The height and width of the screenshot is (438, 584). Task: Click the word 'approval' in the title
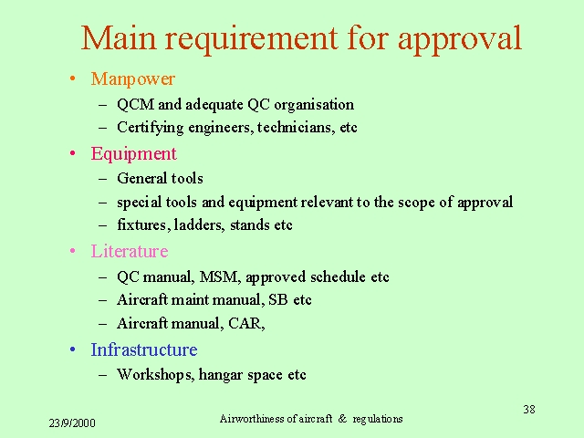click(x=460, y=39)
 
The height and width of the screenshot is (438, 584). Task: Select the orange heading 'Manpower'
click(x=133, y=79)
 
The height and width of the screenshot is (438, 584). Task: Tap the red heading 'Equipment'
click(x=134, y=154)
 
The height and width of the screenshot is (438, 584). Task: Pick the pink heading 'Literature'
click(x=130, y=251)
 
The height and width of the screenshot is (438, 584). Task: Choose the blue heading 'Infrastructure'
click(x=144, y=349)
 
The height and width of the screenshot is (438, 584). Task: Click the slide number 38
click(x=529, y=410)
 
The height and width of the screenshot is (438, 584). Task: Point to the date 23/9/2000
click(x=72, y=423)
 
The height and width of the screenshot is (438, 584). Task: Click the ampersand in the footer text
click(x=342, y=419)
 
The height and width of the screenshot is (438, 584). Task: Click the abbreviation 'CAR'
click(x=246, y=323)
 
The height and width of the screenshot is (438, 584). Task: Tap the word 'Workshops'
click(x=156, y=375)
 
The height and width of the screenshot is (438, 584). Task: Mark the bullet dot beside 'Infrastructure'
click(x=73, y=349)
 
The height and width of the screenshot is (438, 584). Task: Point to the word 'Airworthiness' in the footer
click(x=252, y=419)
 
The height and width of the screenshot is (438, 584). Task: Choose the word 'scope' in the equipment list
click(x=416, y=203)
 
